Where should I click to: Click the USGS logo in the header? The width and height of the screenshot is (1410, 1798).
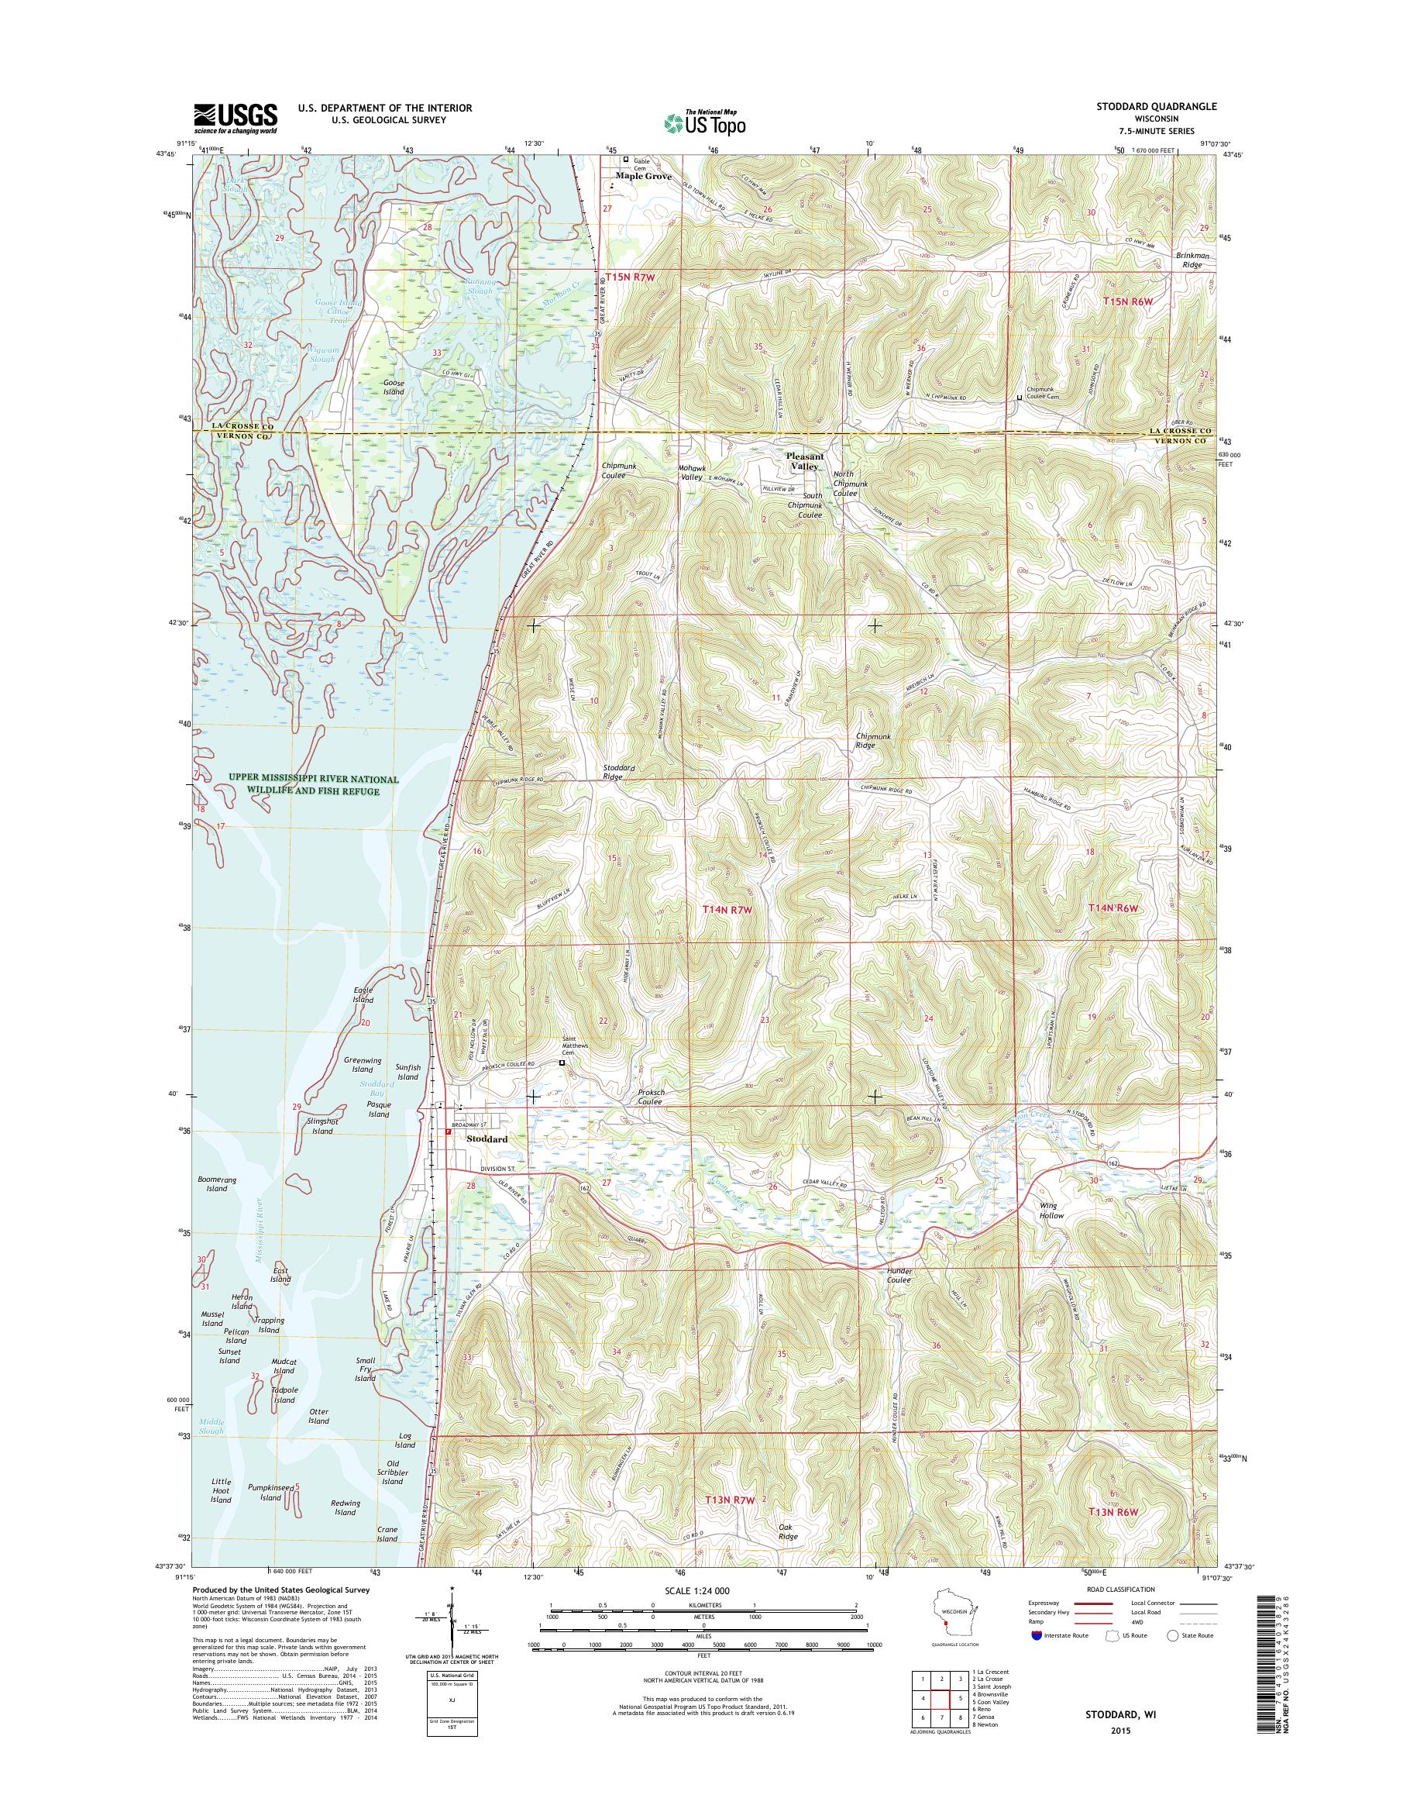coord(236,118)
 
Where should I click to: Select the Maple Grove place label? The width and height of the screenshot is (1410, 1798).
coord(644,176)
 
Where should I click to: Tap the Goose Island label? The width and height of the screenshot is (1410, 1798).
coord(393,387)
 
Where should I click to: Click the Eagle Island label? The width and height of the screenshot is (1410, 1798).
coord(363,994)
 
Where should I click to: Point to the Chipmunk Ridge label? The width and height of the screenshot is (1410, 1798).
coord(876,740)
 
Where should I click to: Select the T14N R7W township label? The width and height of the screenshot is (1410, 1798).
coord(729,908)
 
